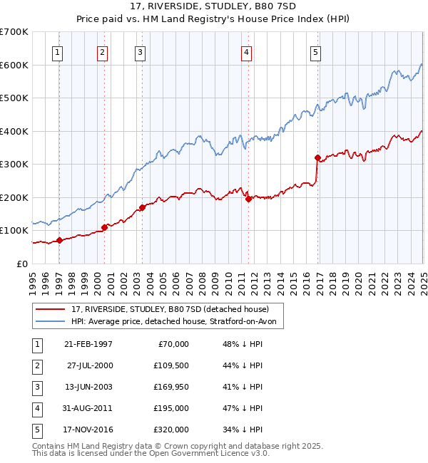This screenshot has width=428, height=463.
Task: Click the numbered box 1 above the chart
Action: click(x=56, y=51)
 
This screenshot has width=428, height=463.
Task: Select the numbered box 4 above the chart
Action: click(x=245, y=51)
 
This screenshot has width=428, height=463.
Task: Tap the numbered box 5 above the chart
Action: click(x=315, y=51)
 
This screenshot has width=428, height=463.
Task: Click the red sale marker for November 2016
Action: click(x=318, y=157)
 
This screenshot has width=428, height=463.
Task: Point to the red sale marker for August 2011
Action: click(x=249, y=199)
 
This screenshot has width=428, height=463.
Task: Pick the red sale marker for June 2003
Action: click(x=142, y=208)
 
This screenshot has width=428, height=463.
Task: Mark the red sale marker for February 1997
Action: click(x=60, y=240)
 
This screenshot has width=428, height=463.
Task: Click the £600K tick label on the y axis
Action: click(x=14, y=65)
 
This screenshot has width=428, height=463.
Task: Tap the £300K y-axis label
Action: click(x=14, y=164)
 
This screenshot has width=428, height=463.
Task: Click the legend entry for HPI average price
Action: click(x=178, y=322)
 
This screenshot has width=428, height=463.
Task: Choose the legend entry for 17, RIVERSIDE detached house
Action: click(x=170, y=309)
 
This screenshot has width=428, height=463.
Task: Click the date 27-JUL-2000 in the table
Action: click(x=89, y=365)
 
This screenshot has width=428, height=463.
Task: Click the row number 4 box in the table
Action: click(x=38, y=408)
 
